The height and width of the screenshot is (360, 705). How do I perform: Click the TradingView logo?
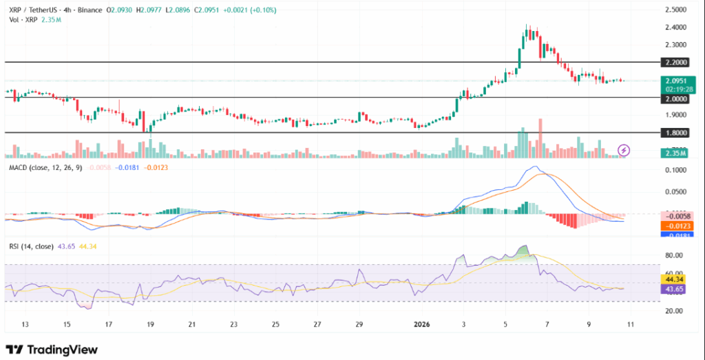52,349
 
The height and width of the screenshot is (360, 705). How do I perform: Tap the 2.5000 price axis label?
675,10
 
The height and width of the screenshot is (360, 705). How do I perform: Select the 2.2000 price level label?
675,62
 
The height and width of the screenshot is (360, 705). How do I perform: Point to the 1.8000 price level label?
675,132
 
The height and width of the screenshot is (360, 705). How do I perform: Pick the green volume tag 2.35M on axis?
675,153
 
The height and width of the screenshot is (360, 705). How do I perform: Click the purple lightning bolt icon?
624,149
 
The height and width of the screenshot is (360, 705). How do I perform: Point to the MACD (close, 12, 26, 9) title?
43,167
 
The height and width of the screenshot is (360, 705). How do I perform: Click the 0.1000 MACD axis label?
675,169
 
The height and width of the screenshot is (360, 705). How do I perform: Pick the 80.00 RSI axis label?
675,255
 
